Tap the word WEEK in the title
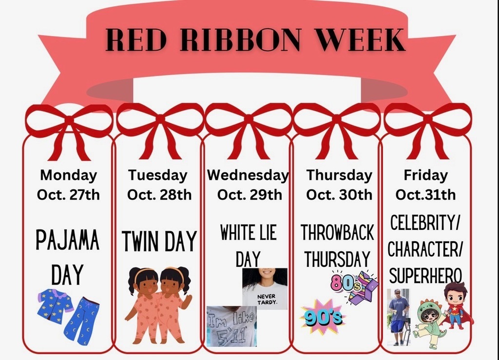(360, 40)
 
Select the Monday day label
(68, 175)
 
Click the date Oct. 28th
(159, 195)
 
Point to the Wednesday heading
(248, 175)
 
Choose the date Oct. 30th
(339, 195)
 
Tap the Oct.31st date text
(425, 195)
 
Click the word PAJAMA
(68, 241)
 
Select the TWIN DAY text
(159, 242)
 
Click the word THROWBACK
(337, 233)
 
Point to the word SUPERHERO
(425, 276)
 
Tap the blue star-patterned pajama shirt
(55, 306)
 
